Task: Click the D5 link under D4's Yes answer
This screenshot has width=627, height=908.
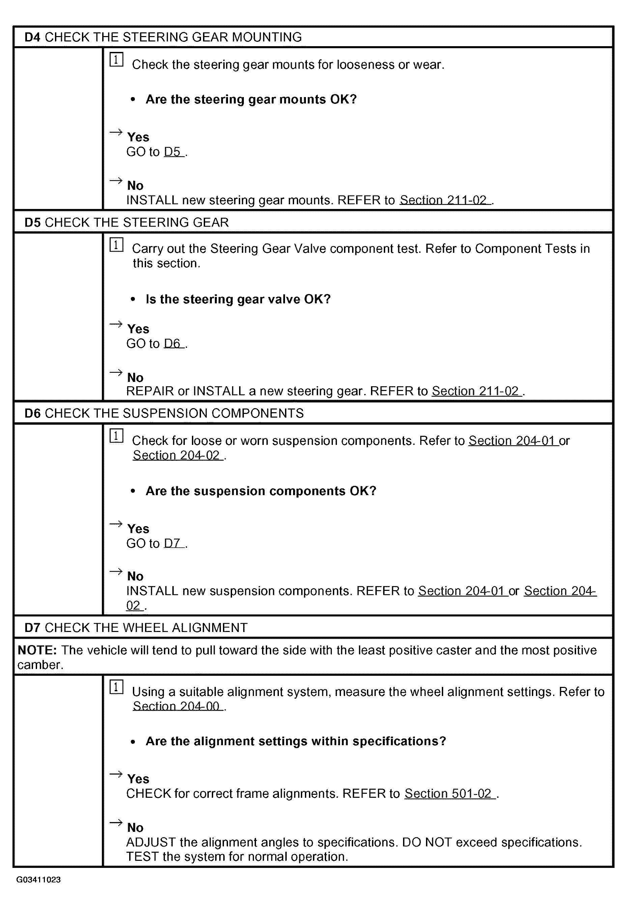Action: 172,152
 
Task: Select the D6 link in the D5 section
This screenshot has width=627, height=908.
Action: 172,343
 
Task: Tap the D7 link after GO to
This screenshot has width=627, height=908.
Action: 172,543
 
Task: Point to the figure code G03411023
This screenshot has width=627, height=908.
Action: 38,879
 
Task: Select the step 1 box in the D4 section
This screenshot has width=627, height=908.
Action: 116,60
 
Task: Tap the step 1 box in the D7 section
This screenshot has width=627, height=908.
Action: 116,687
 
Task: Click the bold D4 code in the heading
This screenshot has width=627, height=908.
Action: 32,37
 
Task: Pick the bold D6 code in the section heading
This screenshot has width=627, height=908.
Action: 32,413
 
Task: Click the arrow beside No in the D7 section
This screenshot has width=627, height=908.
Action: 116,822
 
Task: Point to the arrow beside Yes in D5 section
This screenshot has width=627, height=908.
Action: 116,324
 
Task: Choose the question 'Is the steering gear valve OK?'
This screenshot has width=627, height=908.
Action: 238,299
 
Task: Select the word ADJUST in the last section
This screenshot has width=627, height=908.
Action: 151,842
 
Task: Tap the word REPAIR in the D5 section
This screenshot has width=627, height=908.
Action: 150,391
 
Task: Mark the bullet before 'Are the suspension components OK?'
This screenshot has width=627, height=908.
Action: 133,491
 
